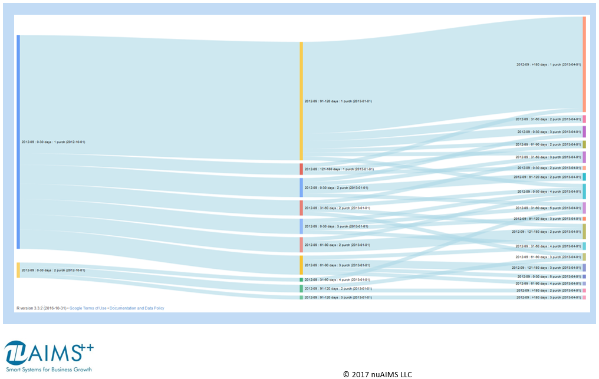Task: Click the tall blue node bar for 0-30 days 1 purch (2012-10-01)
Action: [x=18, y=141]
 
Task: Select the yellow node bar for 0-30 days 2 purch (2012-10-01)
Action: [x=18, y=270]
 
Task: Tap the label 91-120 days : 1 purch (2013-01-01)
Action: [x=338, y=101]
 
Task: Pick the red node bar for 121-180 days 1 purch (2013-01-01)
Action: [x=301, y=169]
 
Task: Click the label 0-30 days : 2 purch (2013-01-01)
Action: [x=336, y=188]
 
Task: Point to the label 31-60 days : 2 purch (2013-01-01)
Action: [x=337, y=207]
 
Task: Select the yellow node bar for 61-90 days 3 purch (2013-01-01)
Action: [x=301, y=265]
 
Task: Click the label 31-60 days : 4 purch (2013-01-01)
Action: [x=337, y=280]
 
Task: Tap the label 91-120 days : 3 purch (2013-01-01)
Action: [x=338, y=298]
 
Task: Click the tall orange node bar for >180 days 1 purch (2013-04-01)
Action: [x=584, y=64]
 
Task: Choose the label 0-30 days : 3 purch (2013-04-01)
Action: [x=549, y=132]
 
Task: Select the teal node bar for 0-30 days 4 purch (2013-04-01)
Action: [x=584, y=192]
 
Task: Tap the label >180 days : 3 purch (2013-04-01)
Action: [x=548, y=298]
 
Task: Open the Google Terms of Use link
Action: [x=88, y=308]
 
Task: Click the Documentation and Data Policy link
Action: [x=137, y=308]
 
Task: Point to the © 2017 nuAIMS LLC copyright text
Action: [x=377, y=374]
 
